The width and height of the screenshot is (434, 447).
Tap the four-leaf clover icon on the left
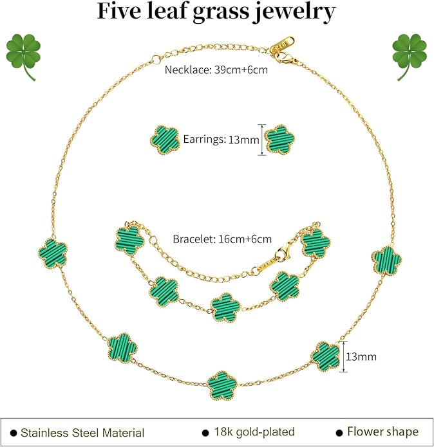pos(23,56)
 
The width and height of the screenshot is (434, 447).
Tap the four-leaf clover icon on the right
pos(410,56)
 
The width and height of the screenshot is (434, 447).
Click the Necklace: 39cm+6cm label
pos(216,70)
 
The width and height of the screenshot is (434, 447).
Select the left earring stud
pos(165,140)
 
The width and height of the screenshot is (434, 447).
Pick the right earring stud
pos(280,140)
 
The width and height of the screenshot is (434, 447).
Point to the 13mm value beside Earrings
pos(244,140)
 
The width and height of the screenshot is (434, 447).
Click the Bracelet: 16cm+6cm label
pos(222,239)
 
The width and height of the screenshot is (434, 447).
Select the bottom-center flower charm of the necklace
pos(222,386)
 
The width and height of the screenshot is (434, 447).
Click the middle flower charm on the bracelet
pos(226,307)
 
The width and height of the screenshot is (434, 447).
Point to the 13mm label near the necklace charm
pos(361,357)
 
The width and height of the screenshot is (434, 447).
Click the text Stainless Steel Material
pos(82,433)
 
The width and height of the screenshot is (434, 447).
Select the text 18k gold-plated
pos(254,432)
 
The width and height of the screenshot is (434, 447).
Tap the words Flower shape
pos(383,432)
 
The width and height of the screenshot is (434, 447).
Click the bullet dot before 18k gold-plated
pos(205,433)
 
